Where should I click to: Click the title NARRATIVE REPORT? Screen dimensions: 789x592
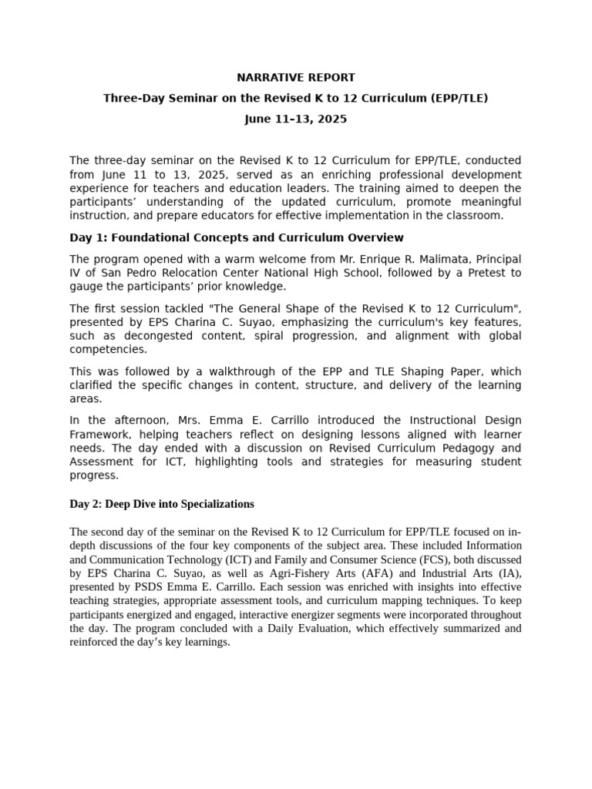point(295,78)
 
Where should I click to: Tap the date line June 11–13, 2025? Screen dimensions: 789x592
point(295,119)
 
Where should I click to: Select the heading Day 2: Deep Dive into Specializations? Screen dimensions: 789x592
point(162,504)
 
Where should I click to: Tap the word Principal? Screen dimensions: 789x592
point(492,259)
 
